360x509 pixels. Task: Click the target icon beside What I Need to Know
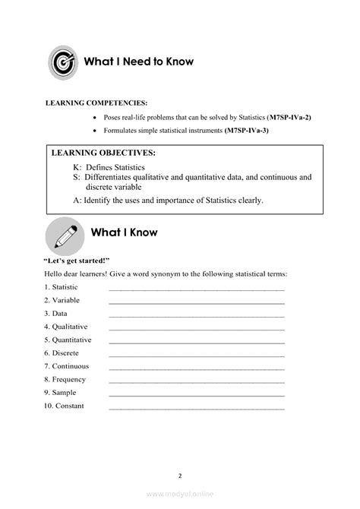pos(62,62)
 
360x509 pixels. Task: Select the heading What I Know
pos(124,232)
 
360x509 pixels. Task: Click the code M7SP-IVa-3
pos(246,131)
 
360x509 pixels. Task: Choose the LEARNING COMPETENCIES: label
pos(96,102)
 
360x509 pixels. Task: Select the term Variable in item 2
pos(65,300)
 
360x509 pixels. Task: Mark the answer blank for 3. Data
pos(197,313)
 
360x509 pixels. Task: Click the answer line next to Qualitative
pos(197,327)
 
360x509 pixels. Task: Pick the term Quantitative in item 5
pos(71,340)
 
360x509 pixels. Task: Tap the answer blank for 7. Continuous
pos(197,366)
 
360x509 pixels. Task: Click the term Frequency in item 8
pos(69,379)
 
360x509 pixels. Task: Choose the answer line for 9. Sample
pos(197,393)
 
